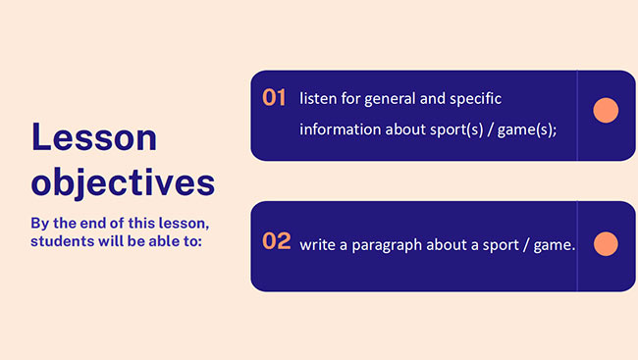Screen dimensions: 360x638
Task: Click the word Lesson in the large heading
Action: pos(94,138)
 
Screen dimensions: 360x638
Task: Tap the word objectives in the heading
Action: pos(123,182)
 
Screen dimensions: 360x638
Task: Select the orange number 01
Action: pos(274,97)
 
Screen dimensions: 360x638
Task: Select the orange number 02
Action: pos(276,241)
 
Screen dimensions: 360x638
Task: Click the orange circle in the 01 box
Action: pos(606,111)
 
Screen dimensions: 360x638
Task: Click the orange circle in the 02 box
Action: pos(606,244)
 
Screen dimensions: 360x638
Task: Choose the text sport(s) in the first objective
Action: pos(450,129)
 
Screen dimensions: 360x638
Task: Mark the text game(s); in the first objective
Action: pos(527,129)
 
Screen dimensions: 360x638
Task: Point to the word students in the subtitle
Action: pos(64,240)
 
